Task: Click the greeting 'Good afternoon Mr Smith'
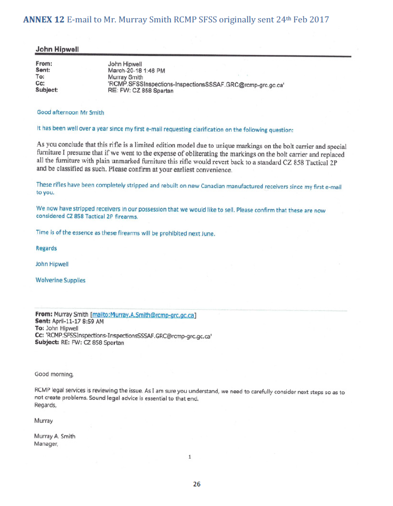[70, 113]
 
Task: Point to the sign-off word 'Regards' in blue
[46, 248]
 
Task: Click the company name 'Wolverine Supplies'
[60, 280]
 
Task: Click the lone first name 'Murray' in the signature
[44, 421]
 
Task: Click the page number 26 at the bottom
[196, 484]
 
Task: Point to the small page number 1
[190, 457]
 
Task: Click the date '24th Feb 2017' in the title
[298, 20]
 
